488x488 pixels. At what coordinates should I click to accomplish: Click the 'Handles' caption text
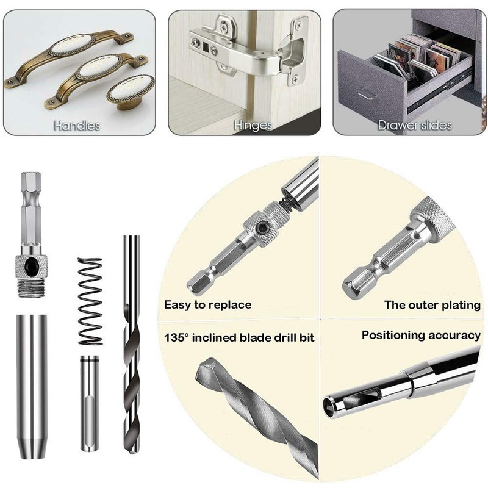77,126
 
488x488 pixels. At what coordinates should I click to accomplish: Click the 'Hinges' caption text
252,126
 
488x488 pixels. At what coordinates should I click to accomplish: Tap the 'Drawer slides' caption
415,126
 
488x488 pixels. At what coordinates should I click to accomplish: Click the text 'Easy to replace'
208,304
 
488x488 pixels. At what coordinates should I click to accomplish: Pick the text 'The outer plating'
432,304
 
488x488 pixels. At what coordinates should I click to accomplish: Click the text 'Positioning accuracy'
421,335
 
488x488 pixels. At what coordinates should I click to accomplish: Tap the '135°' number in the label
178,337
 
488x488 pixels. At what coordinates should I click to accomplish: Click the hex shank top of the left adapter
30,189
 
